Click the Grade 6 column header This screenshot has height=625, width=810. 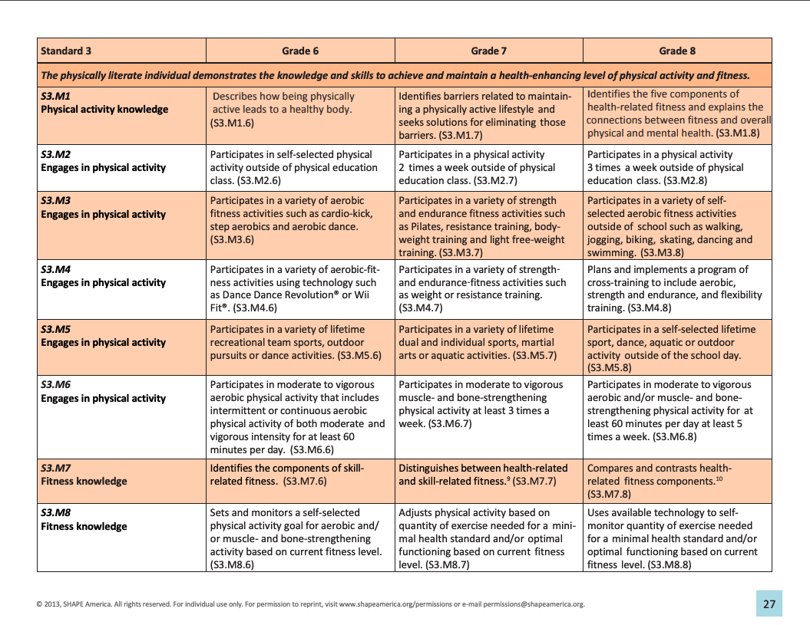[299, 51]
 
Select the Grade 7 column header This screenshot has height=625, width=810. [488, 51]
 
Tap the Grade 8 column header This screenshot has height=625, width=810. [677, 51]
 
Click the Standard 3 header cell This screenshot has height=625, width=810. [66, 51]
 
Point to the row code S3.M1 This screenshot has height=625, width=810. [56, 97]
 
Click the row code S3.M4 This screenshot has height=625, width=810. [56, 270]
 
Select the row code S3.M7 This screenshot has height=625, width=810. [56, 468]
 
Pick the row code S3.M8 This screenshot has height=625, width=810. [56, 512]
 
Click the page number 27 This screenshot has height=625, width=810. [769, 604]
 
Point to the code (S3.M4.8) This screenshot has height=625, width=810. [650, 308]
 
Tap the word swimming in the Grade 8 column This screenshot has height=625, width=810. [611, 252]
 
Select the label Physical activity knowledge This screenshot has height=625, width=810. [104, 110]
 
